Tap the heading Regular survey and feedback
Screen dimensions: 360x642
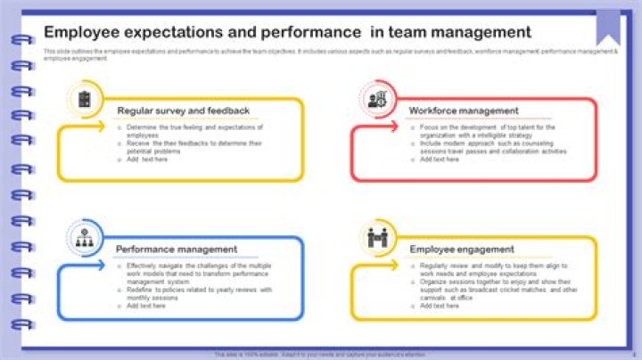pos(183,111)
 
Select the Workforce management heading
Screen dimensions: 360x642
pos(463,111)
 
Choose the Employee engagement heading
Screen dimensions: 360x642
pos(462,250)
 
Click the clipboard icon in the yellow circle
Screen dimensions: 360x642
pos(85,99)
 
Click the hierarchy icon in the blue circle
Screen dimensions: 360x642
pos(85,238)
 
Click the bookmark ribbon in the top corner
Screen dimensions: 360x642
pos(608,23)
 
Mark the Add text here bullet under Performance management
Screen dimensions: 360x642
pos(146,306)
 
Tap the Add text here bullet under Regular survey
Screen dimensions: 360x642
pos(146,160)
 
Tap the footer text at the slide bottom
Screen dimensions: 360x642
pos(320,354)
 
